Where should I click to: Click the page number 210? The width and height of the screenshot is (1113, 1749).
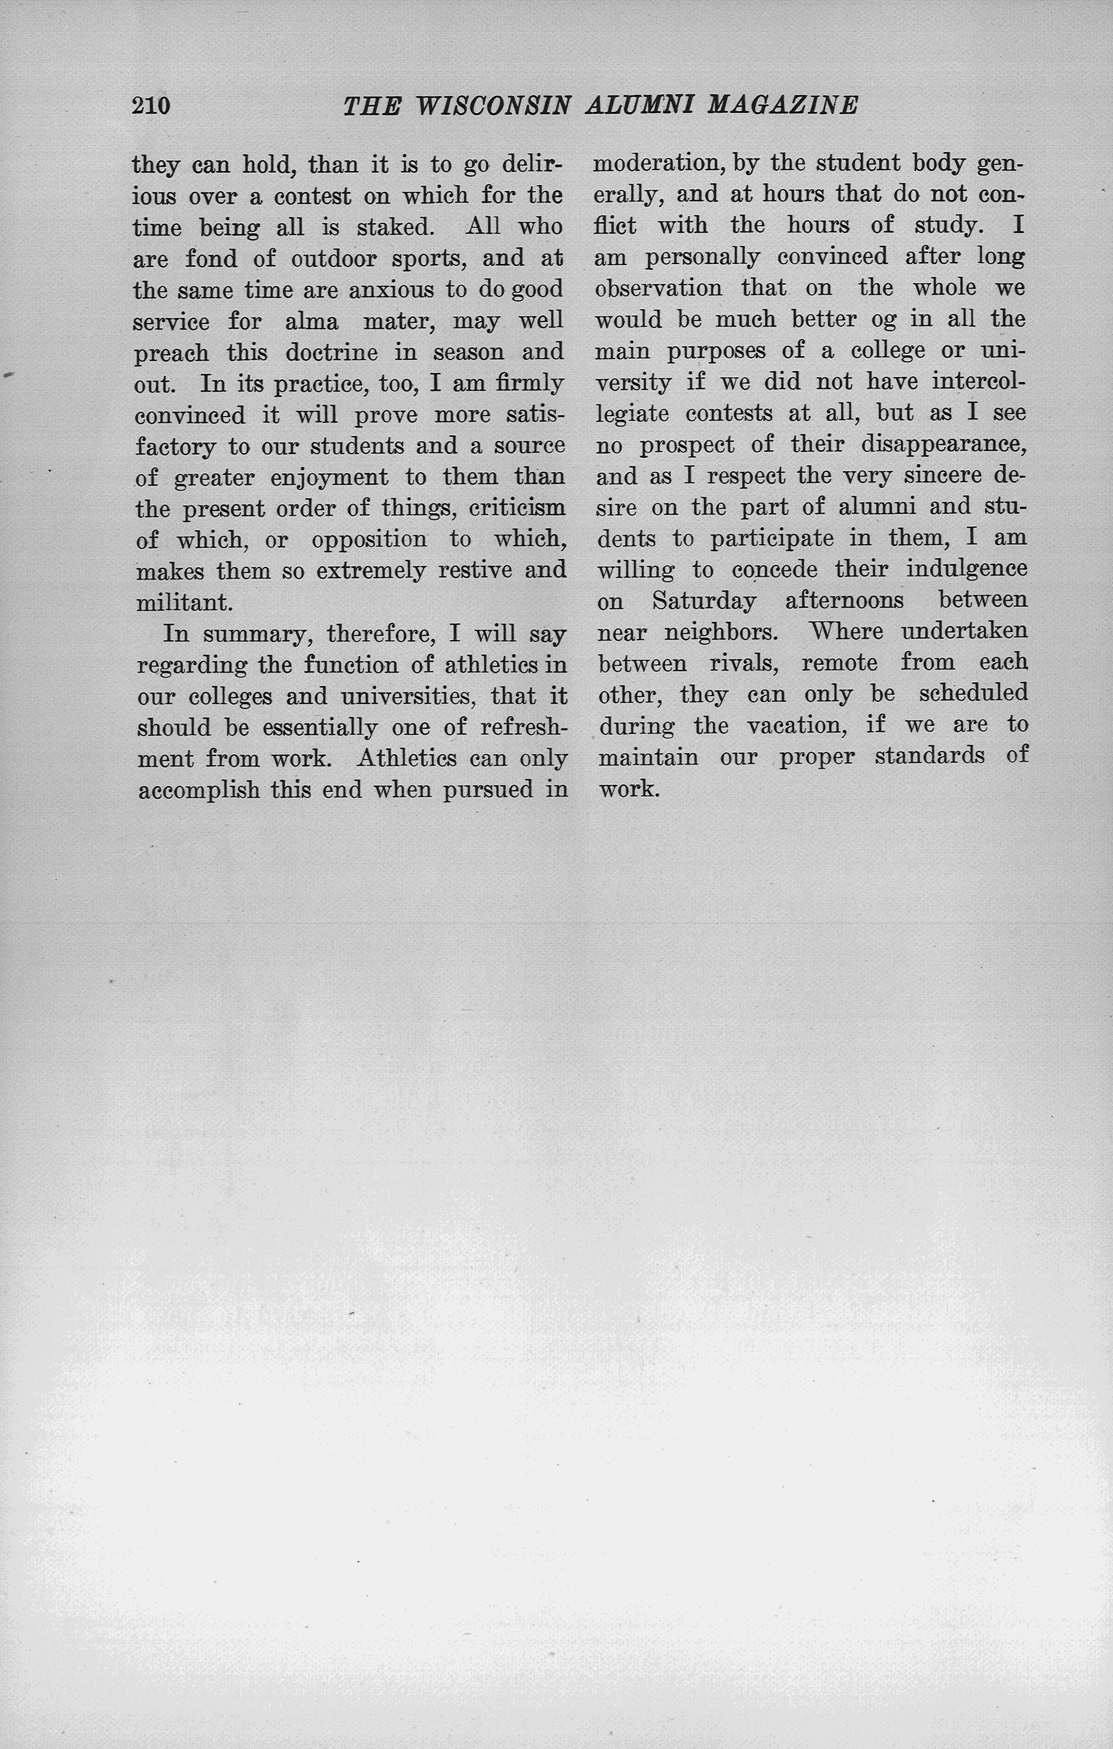click(151, 106)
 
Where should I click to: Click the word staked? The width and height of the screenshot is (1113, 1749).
click(396, 227)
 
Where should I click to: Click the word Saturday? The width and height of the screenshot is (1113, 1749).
click(703, 601)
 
